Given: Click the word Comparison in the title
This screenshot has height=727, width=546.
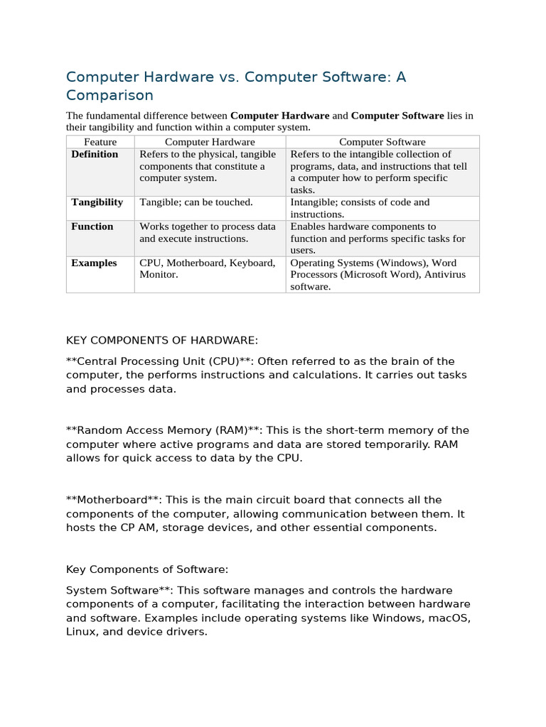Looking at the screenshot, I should point(109,95).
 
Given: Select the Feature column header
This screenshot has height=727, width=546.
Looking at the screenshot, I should point(100,142).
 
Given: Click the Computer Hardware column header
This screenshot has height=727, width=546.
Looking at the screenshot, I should point(210,142).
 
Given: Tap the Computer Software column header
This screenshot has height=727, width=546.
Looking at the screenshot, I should point(382,142).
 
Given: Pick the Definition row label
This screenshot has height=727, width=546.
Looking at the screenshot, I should point(95,154).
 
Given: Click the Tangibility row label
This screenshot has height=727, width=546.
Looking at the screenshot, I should point(97,202).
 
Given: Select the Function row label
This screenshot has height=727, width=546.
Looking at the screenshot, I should point(92,226).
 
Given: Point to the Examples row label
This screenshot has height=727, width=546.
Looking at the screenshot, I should point(94,263).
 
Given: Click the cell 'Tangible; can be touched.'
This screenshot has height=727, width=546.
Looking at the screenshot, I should point(196,202).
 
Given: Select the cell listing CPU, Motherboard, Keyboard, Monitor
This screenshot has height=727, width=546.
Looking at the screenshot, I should point(207,268).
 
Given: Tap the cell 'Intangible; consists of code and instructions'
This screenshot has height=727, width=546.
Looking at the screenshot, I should point(360,208).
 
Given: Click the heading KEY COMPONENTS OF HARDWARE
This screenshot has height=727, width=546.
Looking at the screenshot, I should point(162,341).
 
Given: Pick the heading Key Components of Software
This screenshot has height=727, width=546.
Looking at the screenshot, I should point(147,569).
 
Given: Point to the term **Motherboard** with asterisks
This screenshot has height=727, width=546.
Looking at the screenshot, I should point(113,500).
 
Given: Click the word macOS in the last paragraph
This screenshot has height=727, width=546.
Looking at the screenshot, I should point(450,618).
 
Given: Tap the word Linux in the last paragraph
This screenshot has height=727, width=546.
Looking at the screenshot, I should point(80,631).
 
